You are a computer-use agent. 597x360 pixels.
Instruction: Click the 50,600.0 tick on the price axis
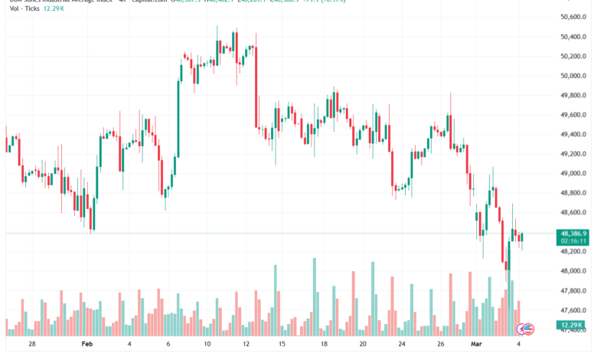tap(573, 17)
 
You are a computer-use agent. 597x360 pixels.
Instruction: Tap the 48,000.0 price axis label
tap(573, 271)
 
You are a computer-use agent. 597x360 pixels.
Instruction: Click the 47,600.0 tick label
tap(573, 310)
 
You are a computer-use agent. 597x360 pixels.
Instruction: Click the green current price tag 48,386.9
tap(573, 233)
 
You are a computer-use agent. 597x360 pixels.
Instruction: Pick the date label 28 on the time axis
tap(31, 345)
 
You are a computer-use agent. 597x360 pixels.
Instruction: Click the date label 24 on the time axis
tap(401, 345)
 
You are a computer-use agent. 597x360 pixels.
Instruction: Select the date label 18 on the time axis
tap(325, 345)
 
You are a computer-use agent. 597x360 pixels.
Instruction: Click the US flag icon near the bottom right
tap(529, 329)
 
